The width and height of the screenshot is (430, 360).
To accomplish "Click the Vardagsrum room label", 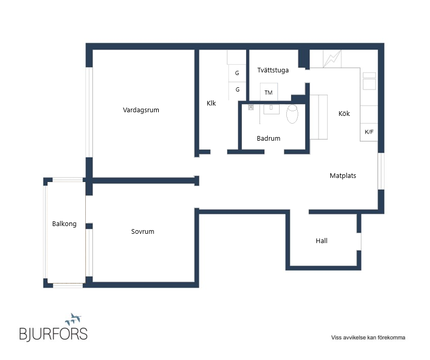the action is [141, 110].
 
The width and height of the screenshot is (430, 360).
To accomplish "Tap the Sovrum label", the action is [143, 232].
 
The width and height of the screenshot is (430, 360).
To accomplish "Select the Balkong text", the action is [64, 224].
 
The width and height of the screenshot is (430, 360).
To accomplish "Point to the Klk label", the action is [211, 103].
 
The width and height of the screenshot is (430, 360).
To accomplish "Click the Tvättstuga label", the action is [273, 70].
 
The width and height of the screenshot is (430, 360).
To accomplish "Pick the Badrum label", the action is [268, 138].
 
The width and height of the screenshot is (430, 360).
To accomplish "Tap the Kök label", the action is [344, 114].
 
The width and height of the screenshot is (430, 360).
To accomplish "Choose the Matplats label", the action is [343, 176].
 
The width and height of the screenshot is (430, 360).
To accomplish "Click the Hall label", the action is [321, 241].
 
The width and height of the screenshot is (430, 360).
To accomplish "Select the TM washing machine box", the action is [269, 92].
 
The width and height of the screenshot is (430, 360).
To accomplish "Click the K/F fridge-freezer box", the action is [369, 132].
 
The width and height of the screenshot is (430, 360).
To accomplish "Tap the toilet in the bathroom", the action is [293, 114].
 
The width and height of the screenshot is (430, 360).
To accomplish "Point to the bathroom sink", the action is [271, 109].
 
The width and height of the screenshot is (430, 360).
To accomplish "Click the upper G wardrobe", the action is [237, 73].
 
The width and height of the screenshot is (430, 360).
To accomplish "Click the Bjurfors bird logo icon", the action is [73, 319].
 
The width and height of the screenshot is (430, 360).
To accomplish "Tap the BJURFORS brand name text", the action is [53, 334].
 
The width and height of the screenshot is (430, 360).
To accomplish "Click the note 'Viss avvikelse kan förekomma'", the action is [368, 337].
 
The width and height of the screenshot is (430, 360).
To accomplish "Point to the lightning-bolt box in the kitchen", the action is [332, 59].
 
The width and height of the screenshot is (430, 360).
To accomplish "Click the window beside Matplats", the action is [381, 171].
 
